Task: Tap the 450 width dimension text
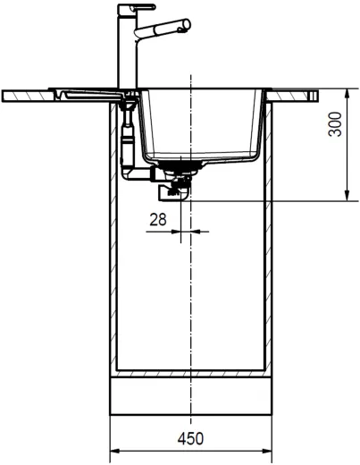(x=190, y=438)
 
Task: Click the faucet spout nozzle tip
(x=185, y=30)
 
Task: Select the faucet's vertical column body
(x=126, y=49)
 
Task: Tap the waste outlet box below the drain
(x=170, y=190)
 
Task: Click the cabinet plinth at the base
(x=190, y=395)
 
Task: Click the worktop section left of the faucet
(x=36, y=94)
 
